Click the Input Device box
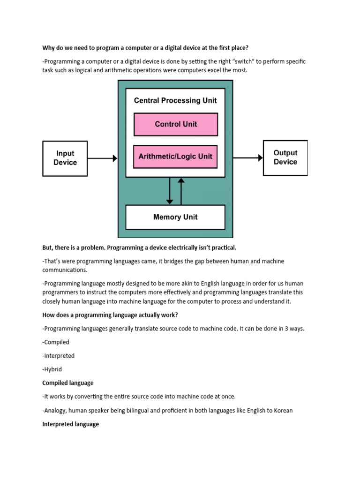pos(65,158)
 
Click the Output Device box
pos(285,158)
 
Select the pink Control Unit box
pos(176,124)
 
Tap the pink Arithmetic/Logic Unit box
pos(176,157)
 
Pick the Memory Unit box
pos(175,217)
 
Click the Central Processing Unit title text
pos(175,100)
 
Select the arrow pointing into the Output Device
pos(248,158)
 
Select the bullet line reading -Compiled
pos(56,342)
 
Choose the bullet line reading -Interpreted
pos(58,356)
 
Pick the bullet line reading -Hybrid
pos(52,369)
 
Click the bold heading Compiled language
pos(68,383)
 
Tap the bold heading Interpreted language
pos(70,424)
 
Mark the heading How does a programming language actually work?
pos(110,315)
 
